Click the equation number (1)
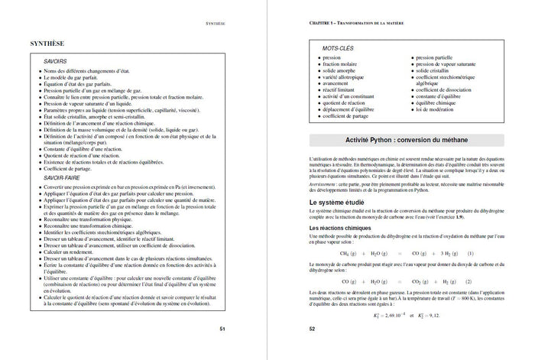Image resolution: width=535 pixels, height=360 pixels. click(472, 253)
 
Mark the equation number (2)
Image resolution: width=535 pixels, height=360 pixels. click(472, 281)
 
